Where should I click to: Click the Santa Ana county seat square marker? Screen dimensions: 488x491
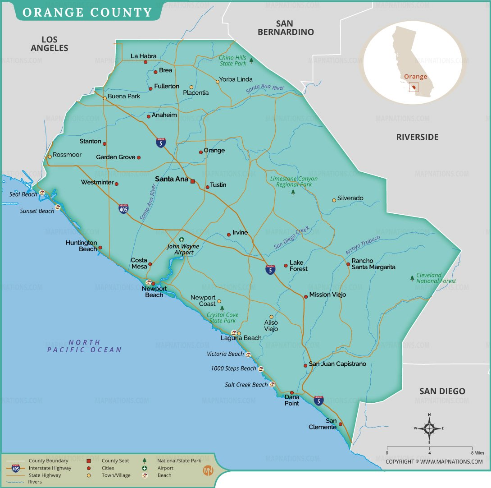tap(192, 181)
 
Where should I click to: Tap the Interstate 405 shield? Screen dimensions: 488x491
tap(123, 208)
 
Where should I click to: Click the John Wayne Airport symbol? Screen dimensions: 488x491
tap(182, 239)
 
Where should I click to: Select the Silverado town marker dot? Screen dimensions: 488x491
tap(334, 200)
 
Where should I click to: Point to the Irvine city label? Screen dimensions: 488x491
tap(240, 233)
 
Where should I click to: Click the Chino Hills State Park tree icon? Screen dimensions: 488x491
tap(251, 60)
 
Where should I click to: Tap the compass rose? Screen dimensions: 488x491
tap(429, 428)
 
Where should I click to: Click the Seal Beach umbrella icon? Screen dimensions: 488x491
tap(42, 193)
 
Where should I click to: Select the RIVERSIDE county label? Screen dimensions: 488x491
tap(417, 137)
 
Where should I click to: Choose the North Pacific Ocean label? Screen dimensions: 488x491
tap(84, 346)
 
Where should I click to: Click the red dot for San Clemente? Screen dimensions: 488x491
tap(341, 424)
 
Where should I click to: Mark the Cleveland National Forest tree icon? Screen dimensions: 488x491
tap(412, 278)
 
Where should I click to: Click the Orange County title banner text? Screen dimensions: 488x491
tap(87, 12)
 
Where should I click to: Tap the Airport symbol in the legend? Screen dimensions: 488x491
tap(145, 468)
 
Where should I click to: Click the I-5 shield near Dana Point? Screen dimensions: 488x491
tap(318, 401)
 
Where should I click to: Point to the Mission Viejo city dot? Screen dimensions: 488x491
tap(306, 297)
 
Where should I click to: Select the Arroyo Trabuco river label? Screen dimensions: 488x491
tap(363, 245)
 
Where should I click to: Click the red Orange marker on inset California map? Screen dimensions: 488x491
tap(413, 87)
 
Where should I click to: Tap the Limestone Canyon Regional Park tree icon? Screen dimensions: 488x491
tap(293, 192)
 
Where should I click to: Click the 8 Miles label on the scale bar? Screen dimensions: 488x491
tap(477, 452)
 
